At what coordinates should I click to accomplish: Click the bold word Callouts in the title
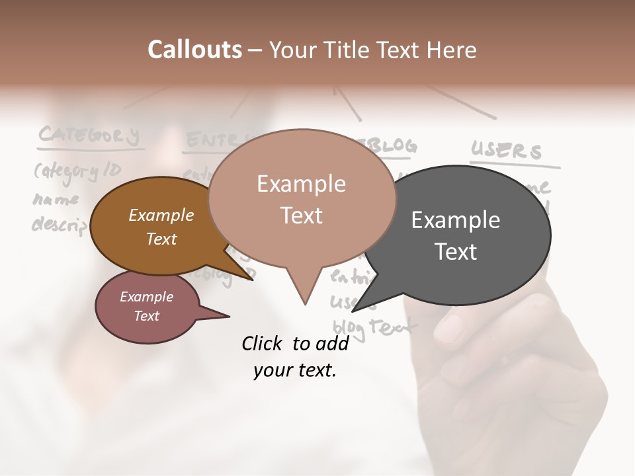(194, 50)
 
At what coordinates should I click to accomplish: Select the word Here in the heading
(453, 50)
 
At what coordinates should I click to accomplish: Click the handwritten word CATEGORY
(89, 136)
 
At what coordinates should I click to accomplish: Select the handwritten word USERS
(506, 151)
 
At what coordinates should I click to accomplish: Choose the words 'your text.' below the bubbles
(295, 370)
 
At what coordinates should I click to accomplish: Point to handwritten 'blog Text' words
(374, 326)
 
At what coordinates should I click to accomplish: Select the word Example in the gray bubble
(455, 220)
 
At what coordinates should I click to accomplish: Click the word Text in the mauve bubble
(147, 316)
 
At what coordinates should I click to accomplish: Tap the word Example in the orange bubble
(161, 216)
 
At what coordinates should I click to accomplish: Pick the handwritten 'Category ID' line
(77, 172)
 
